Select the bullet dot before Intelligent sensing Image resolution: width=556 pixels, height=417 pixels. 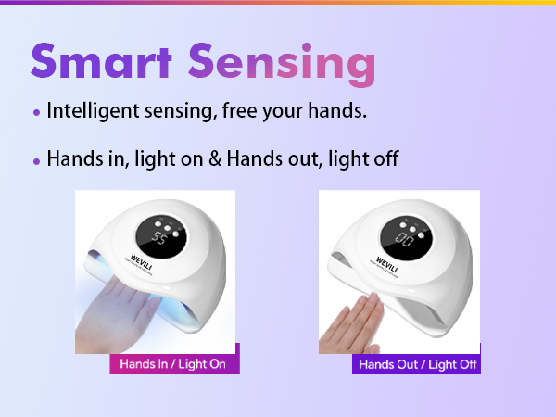(x=36, y=113)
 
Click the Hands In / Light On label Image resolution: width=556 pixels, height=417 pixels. (x=173, y=364)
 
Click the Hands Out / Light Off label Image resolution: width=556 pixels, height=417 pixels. (x=417, y=364)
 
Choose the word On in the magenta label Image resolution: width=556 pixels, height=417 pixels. (x=216, y=364)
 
